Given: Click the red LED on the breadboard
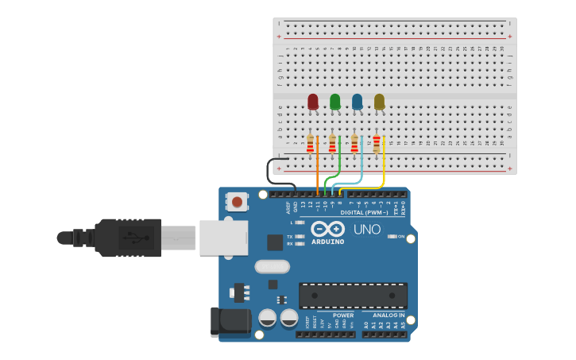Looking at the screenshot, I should coord(313,102).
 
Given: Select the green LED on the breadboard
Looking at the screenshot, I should coord(335,102).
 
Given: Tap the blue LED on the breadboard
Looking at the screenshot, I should coord(358,102).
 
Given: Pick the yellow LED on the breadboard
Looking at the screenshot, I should coord(379,102).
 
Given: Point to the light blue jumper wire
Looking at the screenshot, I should coord(361,163).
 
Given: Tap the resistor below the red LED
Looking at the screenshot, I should coord(311,144).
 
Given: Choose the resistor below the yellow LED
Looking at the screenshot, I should coord(377,144).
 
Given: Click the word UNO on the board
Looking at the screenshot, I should coord(367,230).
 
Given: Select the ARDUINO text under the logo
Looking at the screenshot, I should coord(328,242).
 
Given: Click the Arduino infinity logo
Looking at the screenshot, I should coord(327,229).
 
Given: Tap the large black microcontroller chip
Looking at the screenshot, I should coord(353,296).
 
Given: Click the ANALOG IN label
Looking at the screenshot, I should coord(389,315).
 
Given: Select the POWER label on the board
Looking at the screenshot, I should coord(343,315).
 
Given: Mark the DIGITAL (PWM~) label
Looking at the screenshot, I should coord(364,213).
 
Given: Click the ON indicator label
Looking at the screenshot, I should coord(401,237).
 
